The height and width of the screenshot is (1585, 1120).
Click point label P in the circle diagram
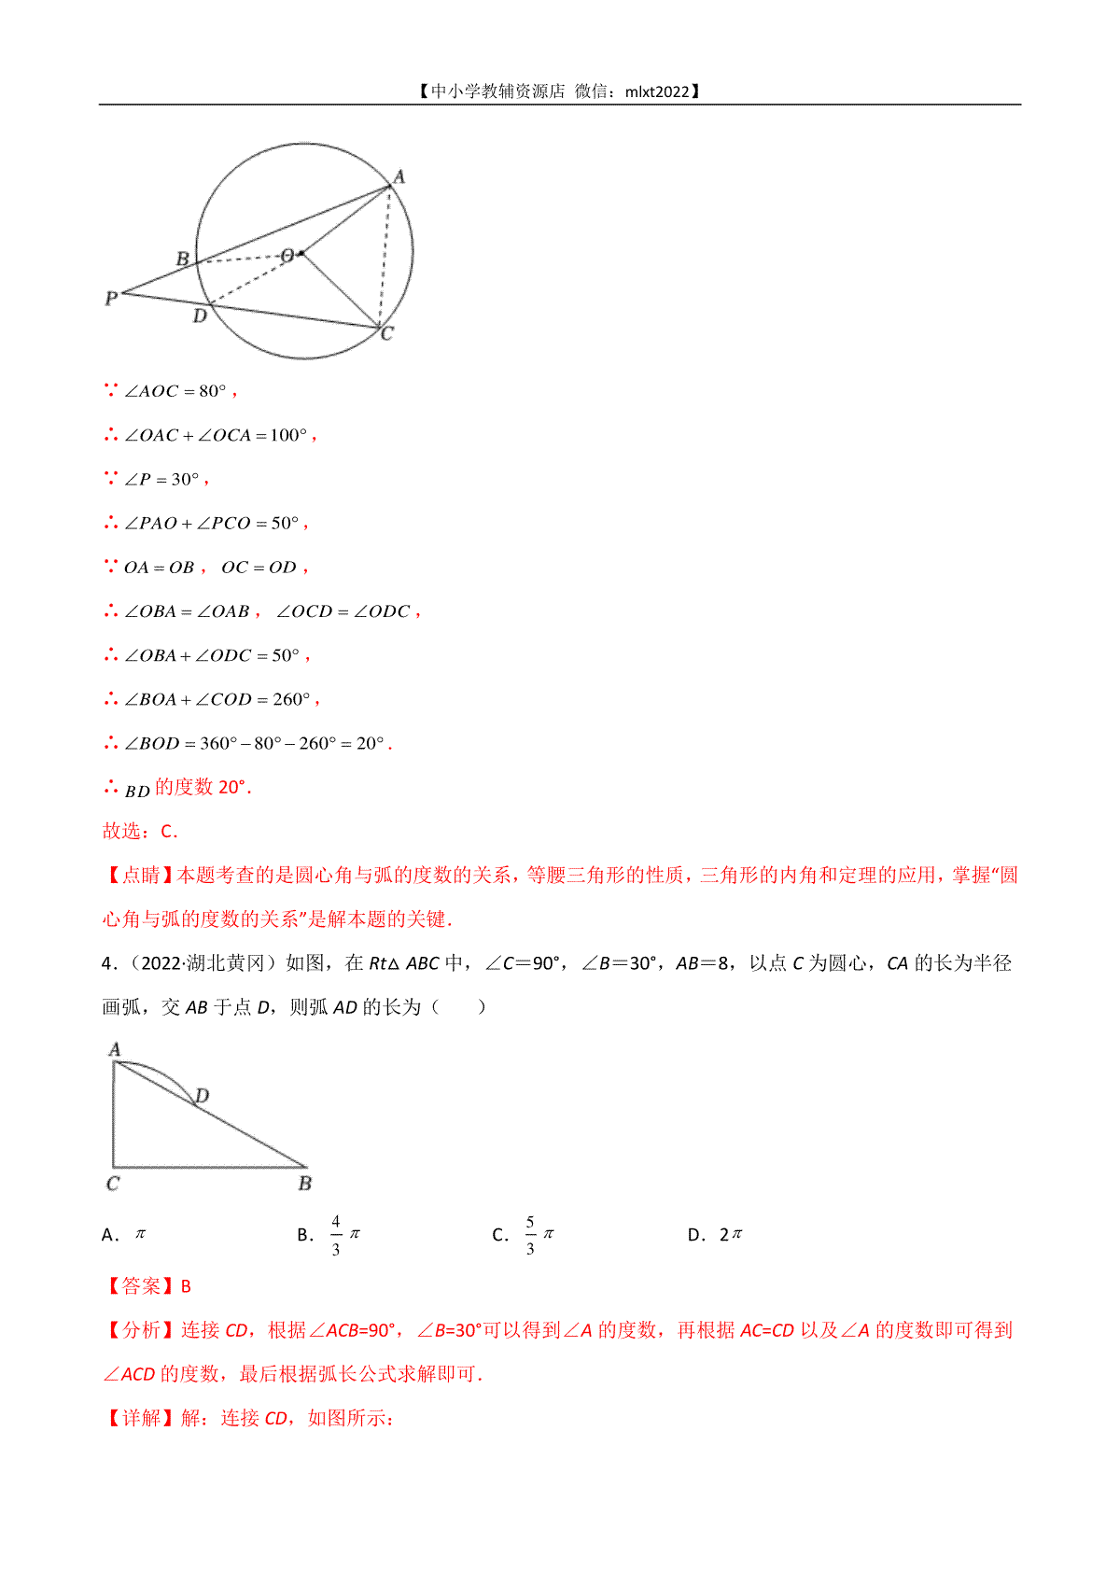coord(111,299)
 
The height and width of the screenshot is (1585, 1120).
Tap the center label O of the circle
coord(287,255)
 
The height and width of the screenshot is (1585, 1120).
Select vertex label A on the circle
coord(399,176)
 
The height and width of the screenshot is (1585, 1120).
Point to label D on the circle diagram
coord(200,316)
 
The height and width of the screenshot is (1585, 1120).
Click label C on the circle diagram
coord(387,333)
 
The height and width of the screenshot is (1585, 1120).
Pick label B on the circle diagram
coord(183,259)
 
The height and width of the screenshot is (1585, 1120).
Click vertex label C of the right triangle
coord(113,1184)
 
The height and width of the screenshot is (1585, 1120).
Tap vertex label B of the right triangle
coord(305,1184)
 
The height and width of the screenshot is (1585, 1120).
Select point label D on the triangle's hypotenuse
coord(203,1095)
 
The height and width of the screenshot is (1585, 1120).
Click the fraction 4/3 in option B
coord(336,1235)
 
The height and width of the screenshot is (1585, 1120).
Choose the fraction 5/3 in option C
coord(530,1235)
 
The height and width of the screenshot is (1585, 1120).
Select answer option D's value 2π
coord(731,1235)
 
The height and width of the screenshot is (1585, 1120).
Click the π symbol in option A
coord(141,1234)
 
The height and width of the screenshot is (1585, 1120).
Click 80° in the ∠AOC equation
coord(213,391)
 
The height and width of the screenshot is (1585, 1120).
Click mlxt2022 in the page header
coord(658,91)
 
